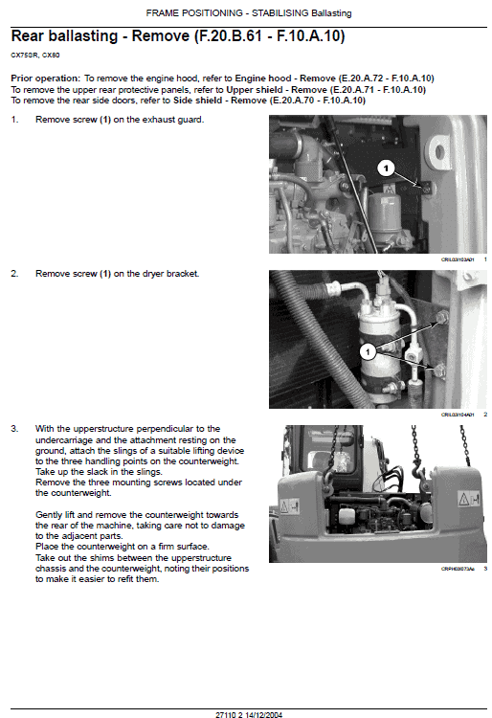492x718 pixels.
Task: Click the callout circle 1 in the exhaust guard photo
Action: [x=385, y=168]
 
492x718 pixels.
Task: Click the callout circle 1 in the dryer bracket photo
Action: [x=368, y=351]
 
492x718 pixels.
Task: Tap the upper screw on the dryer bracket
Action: [x=440, y=318]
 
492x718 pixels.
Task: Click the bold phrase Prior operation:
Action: [x=45, y=77]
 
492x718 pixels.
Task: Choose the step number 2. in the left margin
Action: [x=15, y=274]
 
